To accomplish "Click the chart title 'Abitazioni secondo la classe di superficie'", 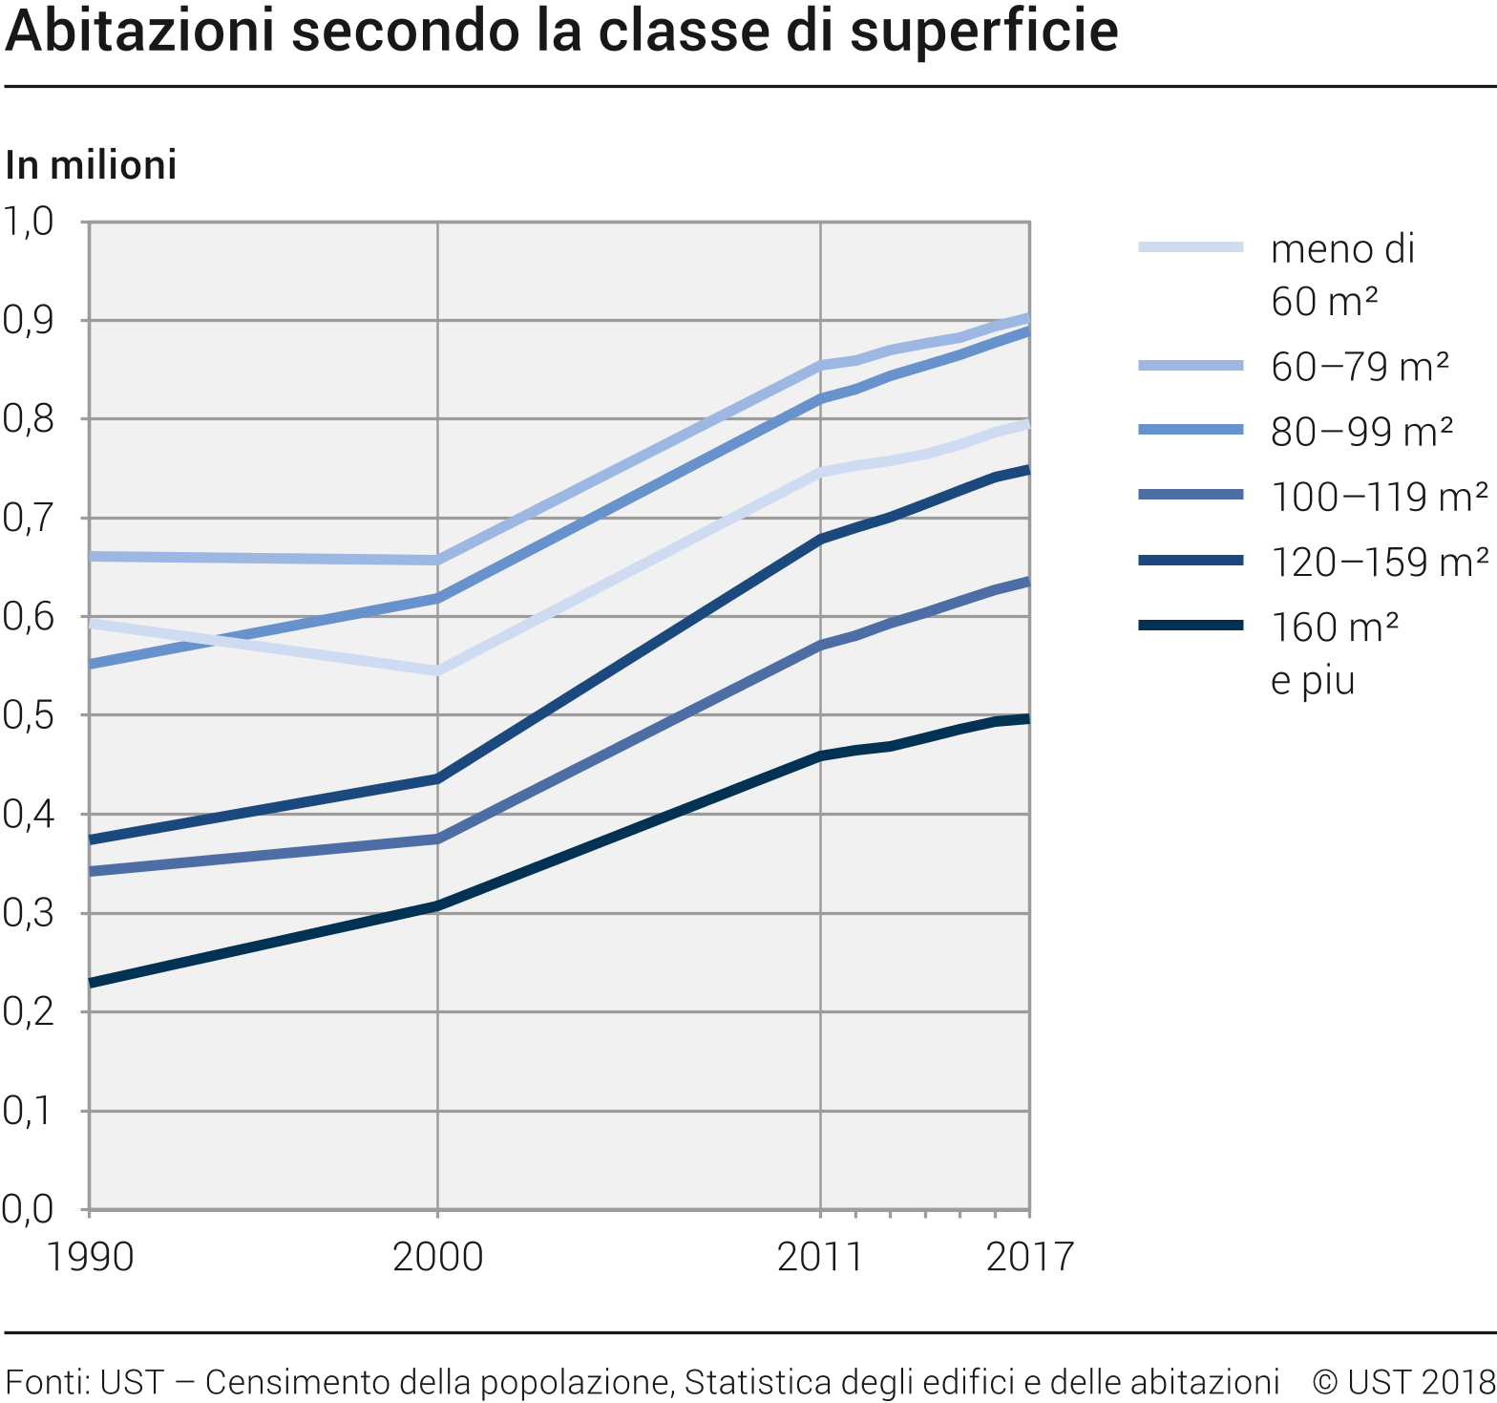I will [x=561, y=31].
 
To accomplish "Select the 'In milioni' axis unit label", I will [x=91, y=165].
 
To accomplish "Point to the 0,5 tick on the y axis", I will [x=28, y=716].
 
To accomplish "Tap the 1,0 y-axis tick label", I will [x=28, y=222].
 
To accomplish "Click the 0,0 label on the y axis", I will [x=28, y=1209].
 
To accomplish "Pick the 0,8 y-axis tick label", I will [x=28, y=419].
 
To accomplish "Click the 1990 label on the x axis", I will [x=90, y=1256].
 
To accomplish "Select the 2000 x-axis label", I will [x=437, y=1256].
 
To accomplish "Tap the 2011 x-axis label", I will [x=820, y=1256].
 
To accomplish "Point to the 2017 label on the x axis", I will [x=1029, y=1256].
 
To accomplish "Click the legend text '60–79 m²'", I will [x=1360, y=367].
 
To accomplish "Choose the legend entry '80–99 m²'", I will [x=1361, y=432].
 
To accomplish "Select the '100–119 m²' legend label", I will [x=1379, y=497].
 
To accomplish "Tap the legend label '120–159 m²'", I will [x=1379, y=562].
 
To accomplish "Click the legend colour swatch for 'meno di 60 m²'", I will [x=1191, y=247].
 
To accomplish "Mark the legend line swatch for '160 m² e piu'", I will [x=1191, y=626].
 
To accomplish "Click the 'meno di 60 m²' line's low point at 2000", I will [x=437, y=670].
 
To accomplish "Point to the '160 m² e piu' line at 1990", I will [x=91, y=983].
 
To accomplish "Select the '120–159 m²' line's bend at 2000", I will [x=437, y=778].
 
